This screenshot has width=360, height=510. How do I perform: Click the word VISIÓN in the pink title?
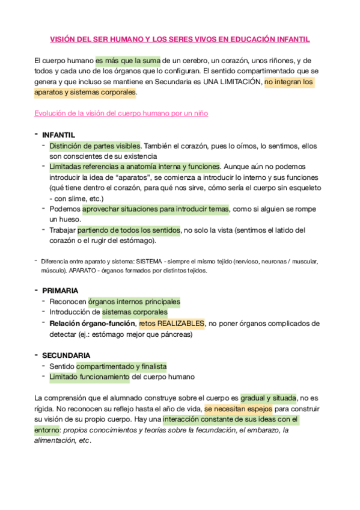[64, 40]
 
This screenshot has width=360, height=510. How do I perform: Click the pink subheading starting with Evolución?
[121, 113]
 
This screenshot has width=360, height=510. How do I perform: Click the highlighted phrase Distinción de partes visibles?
[95, 146]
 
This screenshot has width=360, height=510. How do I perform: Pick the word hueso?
[65, 220]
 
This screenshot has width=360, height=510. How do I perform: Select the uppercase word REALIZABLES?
[181, 324]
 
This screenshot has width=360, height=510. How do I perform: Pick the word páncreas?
[175, 334]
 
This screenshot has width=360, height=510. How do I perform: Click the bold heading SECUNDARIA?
[66, 355]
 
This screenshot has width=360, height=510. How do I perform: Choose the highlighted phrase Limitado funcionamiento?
[90, 377]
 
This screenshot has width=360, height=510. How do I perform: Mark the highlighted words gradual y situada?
[269, 398]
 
